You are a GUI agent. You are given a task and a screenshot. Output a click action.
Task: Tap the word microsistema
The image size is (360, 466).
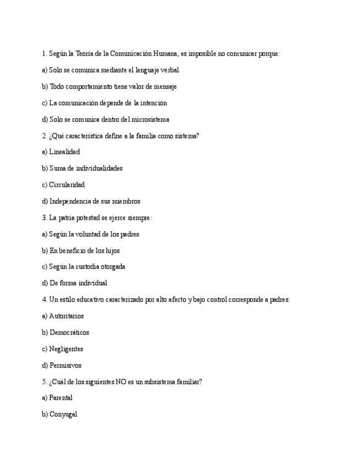[x=149, y=119]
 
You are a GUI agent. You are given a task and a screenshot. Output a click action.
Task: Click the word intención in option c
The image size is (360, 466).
[x=154, y=103]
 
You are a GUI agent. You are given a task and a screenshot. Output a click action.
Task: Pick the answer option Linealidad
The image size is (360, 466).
[x=64, y=152]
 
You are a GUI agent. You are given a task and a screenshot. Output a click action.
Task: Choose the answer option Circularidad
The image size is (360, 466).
[x=67, y=185]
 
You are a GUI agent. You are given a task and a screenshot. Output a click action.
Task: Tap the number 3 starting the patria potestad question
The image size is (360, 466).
[x=43, y=218]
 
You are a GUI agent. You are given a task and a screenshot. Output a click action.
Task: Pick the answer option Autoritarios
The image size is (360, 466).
[x=66, y=316]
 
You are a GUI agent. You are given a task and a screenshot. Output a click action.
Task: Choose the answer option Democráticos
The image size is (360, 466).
[x=69, y=332]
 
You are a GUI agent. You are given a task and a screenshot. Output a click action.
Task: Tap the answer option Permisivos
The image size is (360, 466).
[x=65, y=365]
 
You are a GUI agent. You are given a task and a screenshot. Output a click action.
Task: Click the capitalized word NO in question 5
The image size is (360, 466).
[x=121, y=381]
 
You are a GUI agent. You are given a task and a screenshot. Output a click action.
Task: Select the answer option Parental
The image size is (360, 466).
[x=60, y=398]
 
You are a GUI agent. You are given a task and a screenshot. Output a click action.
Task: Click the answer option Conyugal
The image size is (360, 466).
[x=63, y=414]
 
